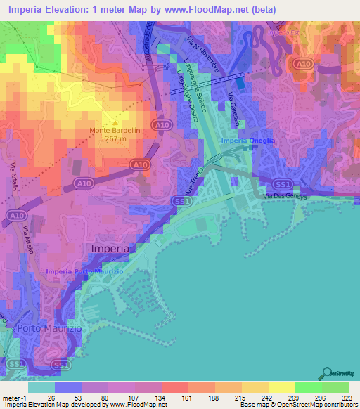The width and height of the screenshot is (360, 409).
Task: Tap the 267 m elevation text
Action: click(x=116, y=139)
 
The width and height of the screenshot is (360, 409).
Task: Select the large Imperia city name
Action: click(x=110, y=249)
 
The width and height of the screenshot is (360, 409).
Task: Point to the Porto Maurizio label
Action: click(x=45, y=329)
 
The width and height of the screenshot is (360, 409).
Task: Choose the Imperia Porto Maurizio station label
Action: click(x=85, y=271)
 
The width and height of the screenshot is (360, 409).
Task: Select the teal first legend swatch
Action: click(x=41, y=387)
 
